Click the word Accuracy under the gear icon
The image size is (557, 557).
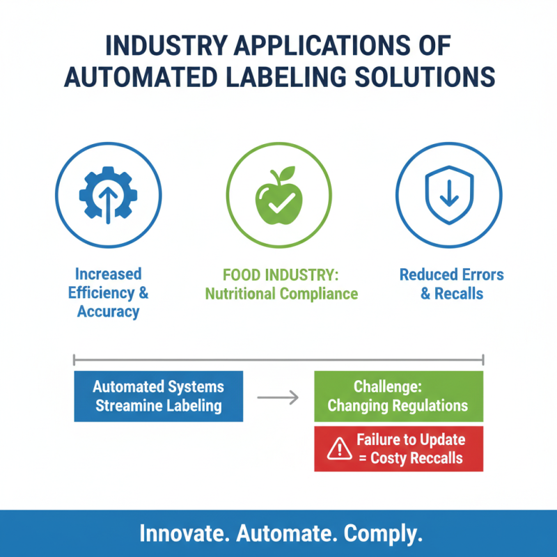108,311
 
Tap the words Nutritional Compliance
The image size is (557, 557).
281,293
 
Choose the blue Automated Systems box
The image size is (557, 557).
158,396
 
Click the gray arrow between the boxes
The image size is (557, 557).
278,398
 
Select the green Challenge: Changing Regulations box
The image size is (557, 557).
398,396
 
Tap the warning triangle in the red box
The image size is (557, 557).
339,449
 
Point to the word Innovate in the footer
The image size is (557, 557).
184,534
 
